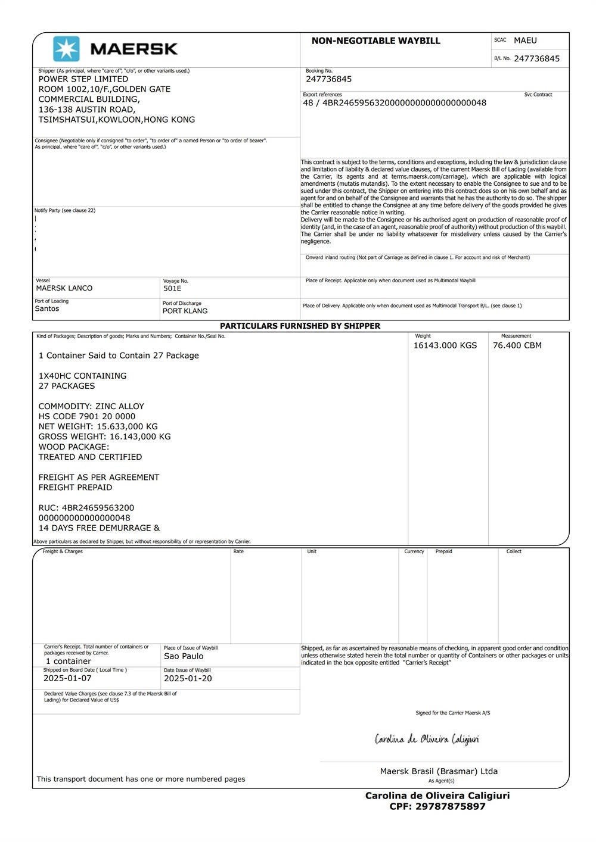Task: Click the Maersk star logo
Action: pyautogui.click(x=66, y=49)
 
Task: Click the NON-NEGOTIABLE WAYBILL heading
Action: pyautogui.click(x=375, y=41)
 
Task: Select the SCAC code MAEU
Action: pyautogui.click(x=525, y=40)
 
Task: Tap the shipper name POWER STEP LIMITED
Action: pyautogui.click(x=83, y=79)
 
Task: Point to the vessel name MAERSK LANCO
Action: pyautogui.click(x=64, y=288)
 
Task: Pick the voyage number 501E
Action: pyautogui.click(x=172, y=288)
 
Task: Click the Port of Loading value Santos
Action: pyautogui.click(x=47, y=308)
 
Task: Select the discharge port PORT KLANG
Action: pyautogui.click(x=185, y=311)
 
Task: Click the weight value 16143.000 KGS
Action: pyautogui.click(x=445, y=345)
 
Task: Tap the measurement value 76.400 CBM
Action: pyautogui.click(x=517, y=345)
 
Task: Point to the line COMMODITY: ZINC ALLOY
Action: pyautogui.click(x=91, y=406)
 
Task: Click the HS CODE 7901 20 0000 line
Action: pyautogui.click(x=87, y=416)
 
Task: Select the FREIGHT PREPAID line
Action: pyautogui.click(x=75, y=487)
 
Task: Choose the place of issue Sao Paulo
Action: pyautogui.click(x=184, y=656)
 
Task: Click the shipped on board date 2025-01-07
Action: pyautogui.click(x=67, y=678)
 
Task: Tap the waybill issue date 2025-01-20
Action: pyautogui.click(x=188, y=678)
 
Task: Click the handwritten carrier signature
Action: pyautogui.click(x=427, y=740)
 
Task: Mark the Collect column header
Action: pyautogui.click(x=514, y=551)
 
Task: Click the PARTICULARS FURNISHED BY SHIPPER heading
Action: pyautogui.click(x=300, y=326)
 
